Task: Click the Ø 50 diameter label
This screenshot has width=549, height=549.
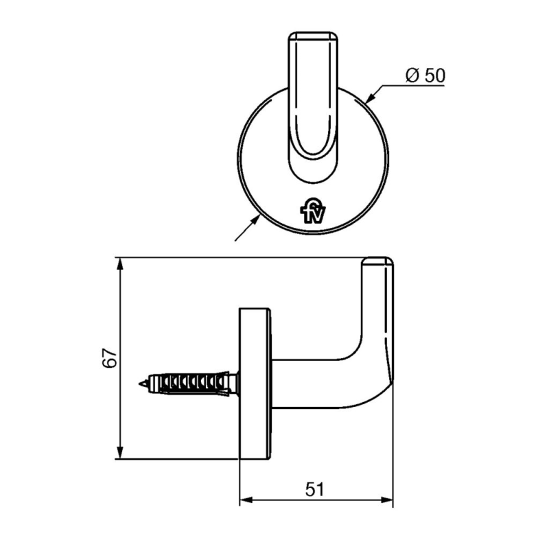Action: (x=425, y=75)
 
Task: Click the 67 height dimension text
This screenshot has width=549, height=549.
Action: (x=108, y=358)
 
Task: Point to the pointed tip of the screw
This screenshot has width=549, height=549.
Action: (x=141, y=382)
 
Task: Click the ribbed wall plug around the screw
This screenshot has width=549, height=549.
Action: (x=192, y=382)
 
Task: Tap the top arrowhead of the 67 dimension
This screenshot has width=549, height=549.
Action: (x=121, y=263)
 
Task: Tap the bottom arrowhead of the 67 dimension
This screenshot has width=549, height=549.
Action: (x=121, y=454)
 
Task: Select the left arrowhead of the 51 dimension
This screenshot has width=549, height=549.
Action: (x=245, y=501)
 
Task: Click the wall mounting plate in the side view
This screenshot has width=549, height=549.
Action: (x=255, y=384)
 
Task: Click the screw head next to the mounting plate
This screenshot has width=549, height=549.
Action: (x=234, y=382)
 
